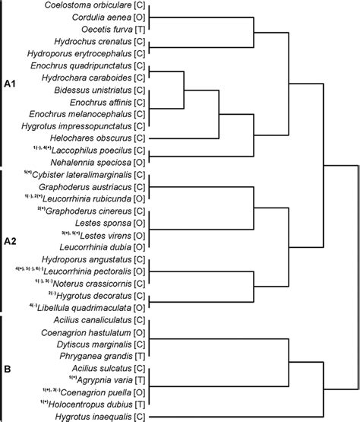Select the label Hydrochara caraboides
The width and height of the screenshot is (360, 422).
coord(87,78)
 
